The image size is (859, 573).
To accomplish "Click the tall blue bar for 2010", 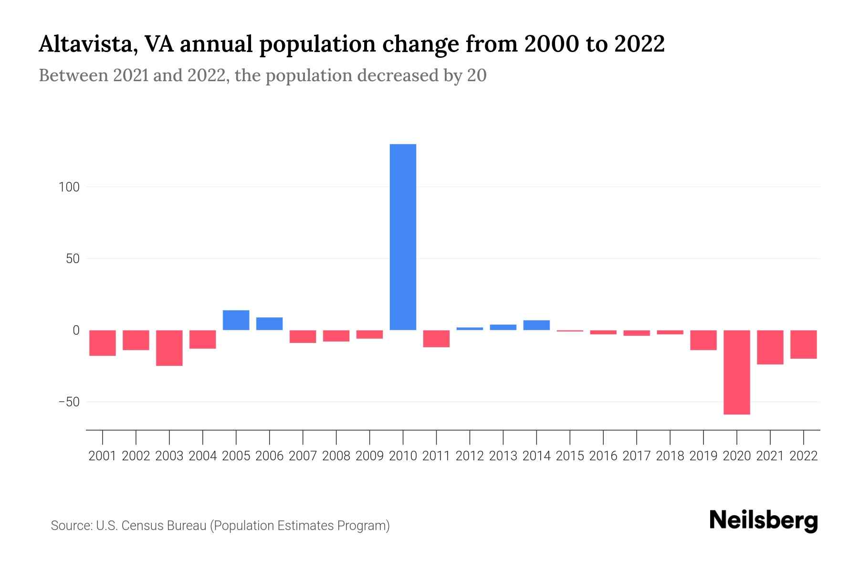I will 403,237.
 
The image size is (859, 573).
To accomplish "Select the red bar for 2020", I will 736,372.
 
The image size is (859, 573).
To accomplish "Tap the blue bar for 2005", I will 236,320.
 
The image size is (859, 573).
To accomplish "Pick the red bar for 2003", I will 169,348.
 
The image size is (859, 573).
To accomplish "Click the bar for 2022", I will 803,344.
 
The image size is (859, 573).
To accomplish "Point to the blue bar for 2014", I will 536,325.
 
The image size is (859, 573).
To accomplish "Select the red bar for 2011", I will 436,339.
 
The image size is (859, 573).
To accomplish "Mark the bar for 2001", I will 103,343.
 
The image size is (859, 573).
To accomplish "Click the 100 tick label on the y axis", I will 69,187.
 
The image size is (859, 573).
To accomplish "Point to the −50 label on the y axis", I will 69,402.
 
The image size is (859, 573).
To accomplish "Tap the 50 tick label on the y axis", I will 73,259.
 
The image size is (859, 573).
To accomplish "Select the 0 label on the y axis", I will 76,330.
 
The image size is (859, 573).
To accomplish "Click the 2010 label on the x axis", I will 403,456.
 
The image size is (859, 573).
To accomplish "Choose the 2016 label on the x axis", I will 603,456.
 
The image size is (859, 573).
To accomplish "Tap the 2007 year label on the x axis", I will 303,456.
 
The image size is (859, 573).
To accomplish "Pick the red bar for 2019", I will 703,340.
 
